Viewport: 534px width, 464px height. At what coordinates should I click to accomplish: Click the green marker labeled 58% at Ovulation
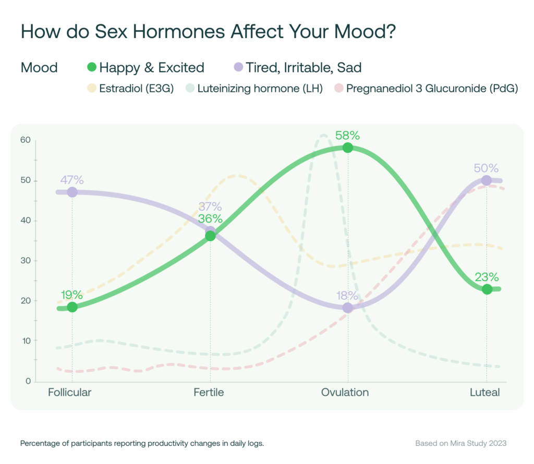[348, 148]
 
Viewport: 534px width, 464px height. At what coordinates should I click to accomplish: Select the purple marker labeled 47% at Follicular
[72, 192]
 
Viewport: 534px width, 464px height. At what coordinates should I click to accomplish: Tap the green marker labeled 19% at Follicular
[72, 307]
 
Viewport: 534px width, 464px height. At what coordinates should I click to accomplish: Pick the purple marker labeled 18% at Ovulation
[348, 308]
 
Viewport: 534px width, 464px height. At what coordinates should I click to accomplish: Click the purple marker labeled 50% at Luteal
[487, 180]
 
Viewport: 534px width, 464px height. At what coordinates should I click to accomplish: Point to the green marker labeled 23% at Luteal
[487, 289]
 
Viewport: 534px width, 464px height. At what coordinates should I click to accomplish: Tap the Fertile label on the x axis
[209, 393]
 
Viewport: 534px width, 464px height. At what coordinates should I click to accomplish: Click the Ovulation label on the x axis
[345, 393]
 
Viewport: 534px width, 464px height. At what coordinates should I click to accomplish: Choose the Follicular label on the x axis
[69, 393]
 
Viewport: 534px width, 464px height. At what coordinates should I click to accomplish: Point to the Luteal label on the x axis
[484, 393]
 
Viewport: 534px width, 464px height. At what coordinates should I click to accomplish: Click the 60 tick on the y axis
[26, 140]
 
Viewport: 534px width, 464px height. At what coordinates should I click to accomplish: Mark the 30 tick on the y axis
[26, 261]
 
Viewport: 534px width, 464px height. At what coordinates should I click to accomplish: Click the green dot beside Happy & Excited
[92, 67]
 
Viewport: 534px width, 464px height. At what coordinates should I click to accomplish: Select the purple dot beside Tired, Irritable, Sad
[238, 67]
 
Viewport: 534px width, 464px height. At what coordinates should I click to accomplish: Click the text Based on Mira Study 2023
[460, 444]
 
